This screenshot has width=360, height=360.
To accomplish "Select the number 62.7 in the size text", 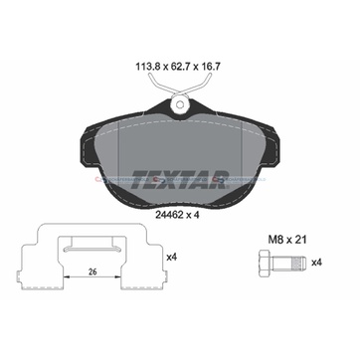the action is tap(178, 67).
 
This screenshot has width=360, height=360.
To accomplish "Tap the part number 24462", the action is tap(169, 215).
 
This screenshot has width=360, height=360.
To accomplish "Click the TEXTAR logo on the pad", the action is tap(180, 179).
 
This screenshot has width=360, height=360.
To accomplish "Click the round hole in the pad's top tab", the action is tap(180, 104).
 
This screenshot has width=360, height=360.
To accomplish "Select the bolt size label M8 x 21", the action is tap(287, 240).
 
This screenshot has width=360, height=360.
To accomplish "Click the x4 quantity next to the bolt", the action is tap(317, 263).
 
